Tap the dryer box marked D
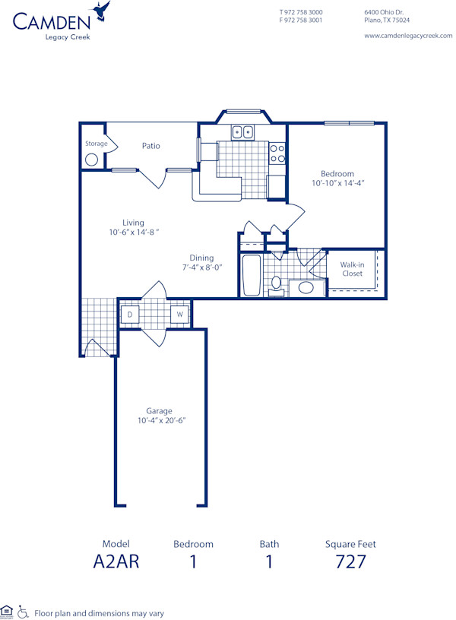point(130,314)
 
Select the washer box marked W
point(180,314)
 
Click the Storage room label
point(96,144)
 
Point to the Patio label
point(150,146)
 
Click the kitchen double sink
point(242,132)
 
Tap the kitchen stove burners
point(277,153)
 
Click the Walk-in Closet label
point(352,269)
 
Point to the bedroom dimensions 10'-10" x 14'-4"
point(337,183)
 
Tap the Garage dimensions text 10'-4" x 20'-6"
point(161,420)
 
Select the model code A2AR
point(116,562)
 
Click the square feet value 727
point(350,562)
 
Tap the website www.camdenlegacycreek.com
point(403,35)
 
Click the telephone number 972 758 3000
point(304,12)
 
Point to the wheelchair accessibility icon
point(23,611)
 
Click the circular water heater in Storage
point(92,160)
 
